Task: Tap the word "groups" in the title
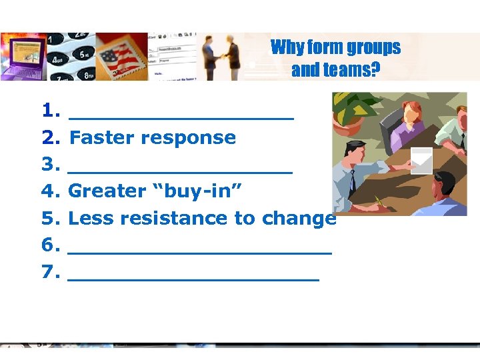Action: [373, 48]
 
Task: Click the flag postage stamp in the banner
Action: [121, 57]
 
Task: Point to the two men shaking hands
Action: [222, 57]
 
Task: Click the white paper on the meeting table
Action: [421, 160]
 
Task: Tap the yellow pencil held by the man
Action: [380, 199]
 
